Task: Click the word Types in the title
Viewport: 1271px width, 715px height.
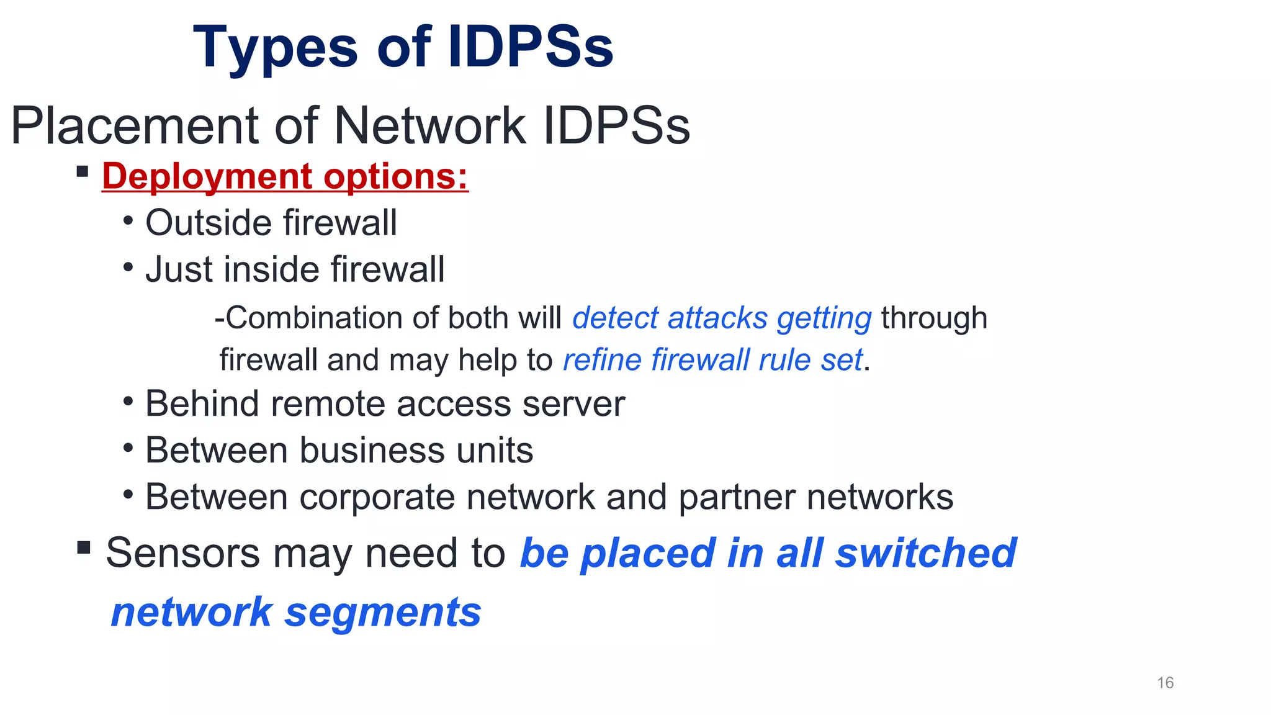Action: (x=276, y=48)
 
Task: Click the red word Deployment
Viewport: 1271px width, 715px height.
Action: (x=207, y=177)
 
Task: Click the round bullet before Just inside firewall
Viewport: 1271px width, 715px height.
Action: (x=128, y=268)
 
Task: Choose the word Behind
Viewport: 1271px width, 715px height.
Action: (x=202, y=404)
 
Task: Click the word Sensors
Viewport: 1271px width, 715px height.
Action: (x=183, y=553)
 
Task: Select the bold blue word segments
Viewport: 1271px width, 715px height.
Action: (x=383, y=613)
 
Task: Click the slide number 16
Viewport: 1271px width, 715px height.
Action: (x=1165, y=683)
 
